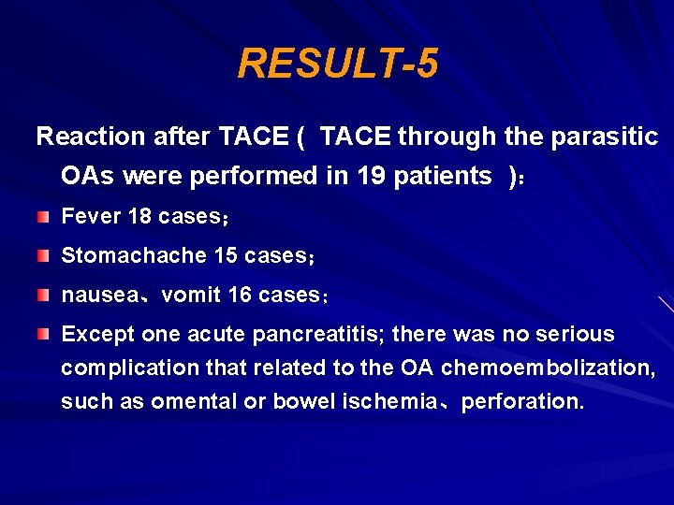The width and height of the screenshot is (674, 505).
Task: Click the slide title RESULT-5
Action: (337, 64)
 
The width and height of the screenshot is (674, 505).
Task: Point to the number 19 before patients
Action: (372, 175)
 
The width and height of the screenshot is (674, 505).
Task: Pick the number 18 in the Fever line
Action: (139, 217)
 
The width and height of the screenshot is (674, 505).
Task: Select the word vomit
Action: (191, 296)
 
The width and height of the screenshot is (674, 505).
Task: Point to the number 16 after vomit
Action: (240, 296)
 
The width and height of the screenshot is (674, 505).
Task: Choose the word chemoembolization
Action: (548, 368)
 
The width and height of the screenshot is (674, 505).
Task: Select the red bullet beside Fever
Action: (44, 217)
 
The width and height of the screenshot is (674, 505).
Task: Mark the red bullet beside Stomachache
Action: (44, 256)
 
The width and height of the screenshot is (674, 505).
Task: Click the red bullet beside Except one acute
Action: (44, 334)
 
